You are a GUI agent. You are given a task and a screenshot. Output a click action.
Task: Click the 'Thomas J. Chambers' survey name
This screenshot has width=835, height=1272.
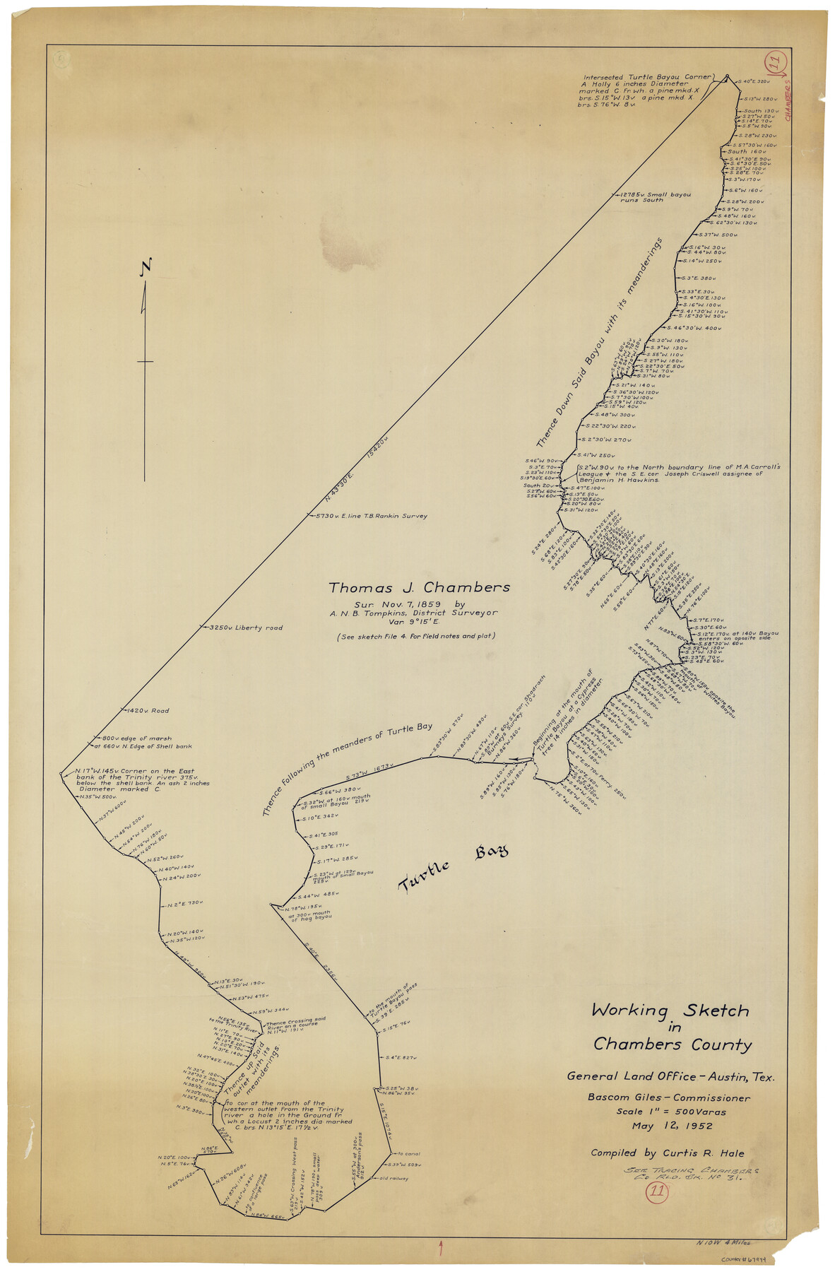click(418, 588)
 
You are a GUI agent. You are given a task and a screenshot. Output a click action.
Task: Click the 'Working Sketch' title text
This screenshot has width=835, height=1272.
click(669, 1011)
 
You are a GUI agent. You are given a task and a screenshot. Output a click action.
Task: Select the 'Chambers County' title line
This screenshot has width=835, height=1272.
click(672, 1044)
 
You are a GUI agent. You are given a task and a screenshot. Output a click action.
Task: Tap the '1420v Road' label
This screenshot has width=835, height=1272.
click(148, 710)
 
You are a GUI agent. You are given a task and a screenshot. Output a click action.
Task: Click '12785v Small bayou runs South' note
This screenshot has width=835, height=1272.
click(654, 197)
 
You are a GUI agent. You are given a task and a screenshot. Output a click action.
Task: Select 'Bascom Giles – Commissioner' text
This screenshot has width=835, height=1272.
click(668, 1097)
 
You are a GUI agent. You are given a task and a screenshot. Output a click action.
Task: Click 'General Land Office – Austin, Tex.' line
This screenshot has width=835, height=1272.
click(670, 1077)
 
